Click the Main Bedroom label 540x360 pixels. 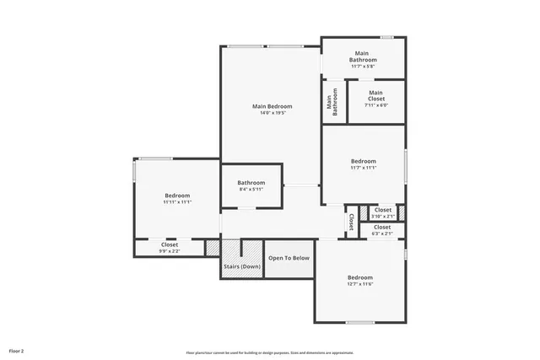click(272, 106)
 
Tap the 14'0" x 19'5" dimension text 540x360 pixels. click(272, 113)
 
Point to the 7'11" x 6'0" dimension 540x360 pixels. click(375, 105)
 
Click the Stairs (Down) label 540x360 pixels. click(241, 266)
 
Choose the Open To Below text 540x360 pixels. click(289, 258)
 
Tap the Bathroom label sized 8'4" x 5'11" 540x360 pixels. click(251, 183)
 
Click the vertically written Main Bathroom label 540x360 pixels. click(332, 102)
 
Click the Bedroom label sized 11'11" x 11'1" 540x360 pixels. click(177, 196)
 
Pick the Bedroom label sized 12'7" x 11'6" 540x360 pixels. click(359, 277)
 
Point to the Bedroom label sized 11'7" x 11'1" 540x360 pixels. click(363, 161)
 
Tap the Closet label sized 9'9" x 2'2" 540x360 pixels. click(169, 244)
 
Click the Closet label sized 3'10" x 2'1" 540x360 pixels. click(382, 210)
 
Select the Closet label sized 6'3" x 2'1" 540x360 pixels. click(381, 227)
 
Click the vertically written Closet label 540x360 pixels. click(351, 222)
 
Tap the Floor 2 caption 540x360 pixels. click(16, 350)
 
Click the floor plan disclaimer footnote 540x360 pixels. click(269, 352)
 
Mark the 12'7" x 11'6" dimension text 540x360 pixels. click(359, 284)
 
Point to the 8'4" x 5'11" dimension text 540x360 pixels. click(251, 190)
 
